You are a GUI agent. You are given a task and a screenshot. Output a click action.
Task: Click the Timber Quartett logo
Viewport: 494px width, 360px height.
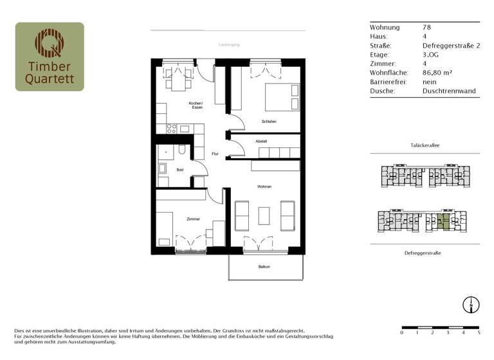click(x=50, y=57)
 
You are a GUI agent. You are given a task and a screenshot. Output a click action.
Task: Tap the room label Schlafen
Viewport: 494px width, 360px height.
click(x=269, y=121)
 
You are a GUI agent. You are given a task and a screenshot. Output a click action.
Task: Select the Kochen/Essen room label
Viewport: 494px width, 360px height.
click(x=196, y=105)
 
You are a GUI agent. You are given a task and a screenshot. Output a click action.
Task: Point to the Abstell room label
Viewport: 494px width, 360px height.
click(x=261, y=141)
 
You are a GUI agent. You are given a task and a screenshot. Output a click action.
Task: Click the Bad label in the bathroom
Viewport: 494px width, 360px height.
click(x=181, y=169)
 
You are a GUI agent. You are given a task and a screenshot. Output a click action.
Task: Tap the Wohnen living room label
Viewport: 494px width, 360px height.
click(x=264, y=186)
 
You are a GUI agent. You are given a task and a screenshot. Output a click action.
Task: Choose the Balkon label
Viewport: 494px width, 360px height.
click(x=264, y=267)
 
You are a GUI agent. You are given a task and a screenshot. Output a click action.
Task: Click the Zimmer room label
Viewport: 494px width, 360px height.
click(x=193, y=219)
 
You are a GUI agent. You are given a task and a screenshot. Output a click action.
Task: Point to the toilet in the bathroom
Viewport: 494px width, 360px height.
click(x=183, y=151)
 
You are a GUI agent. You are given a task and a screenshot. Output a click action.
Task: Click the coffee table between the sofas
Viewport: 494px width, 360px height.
click(x=264, y=215)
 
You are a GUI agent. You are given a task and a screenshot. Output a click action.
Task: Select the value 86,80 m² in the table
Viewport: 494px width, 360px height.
click(x=439, y=73)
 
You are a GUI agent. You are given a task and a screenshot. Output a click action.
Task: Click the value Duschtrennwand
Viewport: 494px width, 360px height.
click(x=449, y=91)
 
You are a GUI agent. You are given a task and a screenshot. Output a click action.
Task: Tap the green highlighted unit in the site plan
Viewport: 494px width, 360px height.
click(x=441, y=223)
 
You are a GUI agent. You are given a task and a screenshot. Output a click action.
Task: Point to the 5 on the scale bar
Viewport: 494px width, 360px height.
click(x=479, y=333)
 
